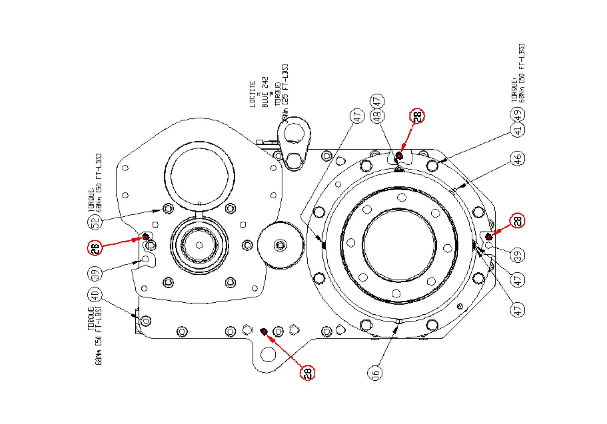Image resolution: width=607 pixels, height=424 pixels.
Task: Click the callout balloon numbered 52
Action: click(95, 222)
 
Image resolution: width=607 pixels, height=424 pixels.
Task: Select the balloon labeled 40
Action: click(95, 295)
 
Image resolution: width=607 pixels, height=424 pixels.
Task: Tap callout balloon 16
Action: click(375, 373)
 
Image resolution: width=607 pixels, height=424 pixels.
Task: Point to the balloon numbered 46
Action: click(518, 158)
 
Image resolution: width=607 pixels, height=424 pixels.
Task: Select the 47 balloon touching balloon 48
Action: click(377, 101)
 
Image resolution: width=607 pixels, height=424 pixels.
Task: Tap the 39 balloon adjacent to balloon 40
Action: click(95, 273)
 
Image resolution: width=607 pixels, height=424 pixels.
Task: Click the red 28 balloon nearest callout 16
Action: click(307, 373)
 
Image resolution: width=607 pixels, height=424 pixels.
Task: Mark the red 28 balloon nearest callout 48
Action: click(417, 116)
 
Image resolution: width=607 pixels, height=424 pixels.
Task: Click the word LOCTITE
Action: click(253, 94)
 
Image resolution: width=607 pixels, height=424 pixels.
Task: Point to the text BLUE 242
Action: click(265, 92)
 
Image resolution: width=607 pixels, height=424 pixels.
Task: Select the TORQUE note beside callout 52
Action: click(92, 200)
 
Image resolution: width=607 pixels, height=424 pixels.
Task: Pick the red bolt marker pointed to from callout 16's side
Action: click(264, 331)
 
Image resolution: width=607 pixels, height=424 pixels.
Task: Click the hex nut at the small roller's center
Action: click(280, 246)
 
